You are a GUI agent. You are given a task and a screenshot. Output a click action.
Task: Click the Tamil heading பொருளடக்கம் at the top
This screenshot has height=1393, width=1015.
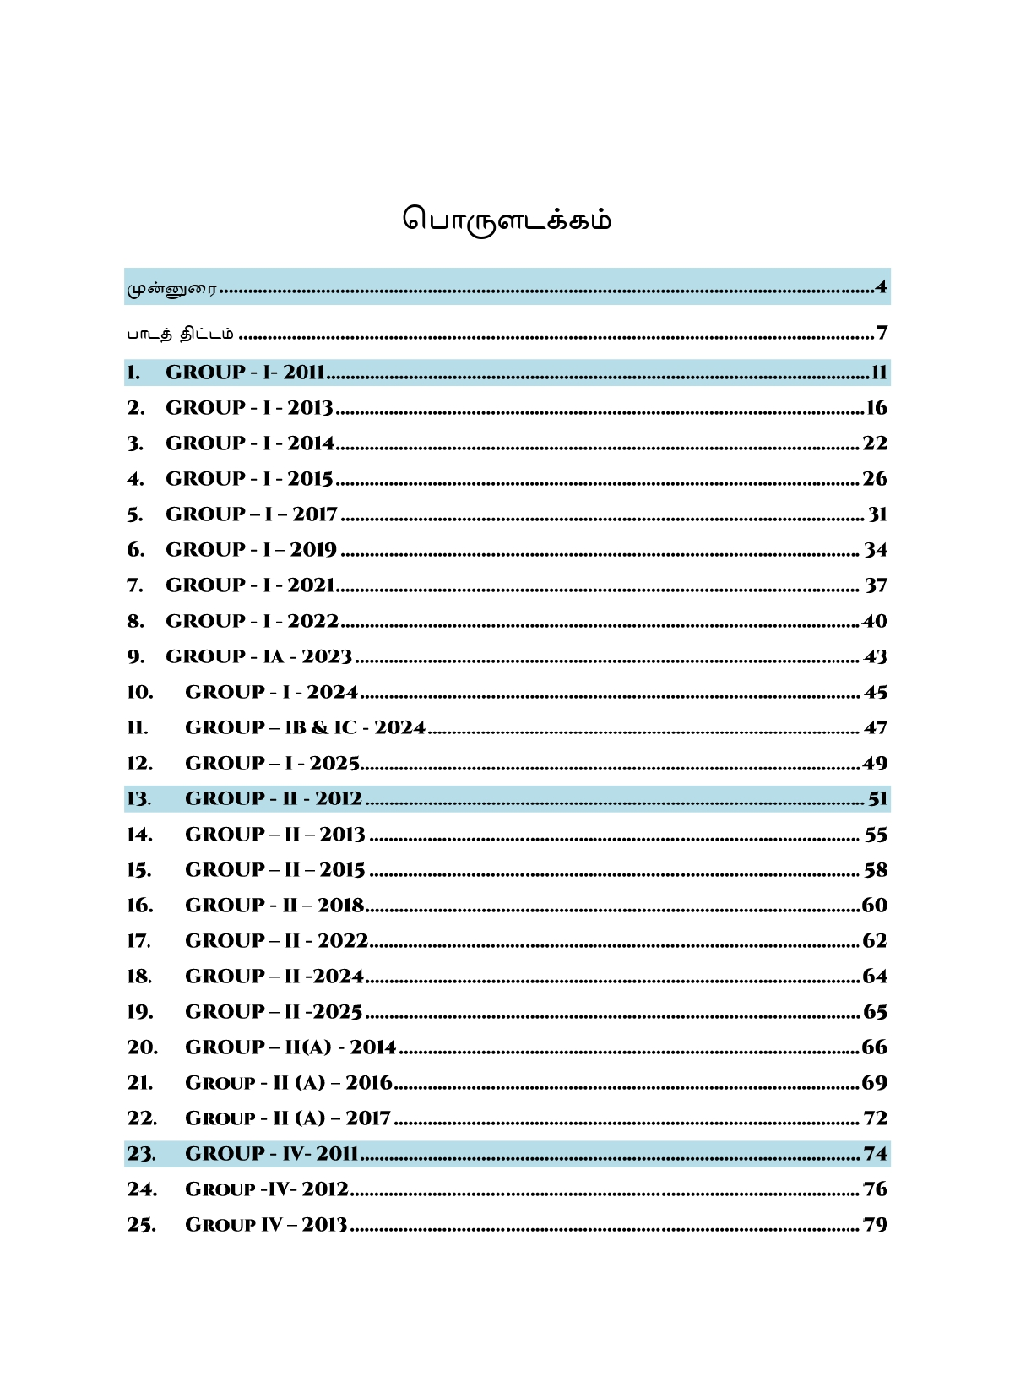(x=507, y=220)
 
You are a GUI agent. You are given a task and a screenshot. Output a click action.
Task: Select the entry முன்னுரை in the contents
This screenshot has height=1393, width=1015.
(x=172, y=289)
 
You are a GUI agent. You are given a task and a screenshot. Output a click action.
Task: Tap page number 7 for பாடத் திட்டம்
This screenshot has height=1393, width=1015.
(x=882, y=333)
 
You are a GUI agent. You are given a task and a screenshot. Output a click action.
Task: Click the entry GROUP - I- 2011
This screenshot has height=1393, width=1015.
(x=245, y=373)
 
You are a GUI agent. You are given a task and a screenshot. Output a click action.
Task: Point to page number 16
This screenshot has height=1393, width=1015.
(x=877, y=408)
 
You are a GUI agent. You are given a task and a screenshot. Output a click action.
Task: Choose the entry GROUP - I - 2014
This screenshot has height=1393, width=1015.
(x=250, y=443)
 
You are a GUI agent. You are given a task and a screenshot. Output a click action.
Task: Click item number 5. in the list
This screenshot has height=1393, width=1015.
(x=135, y=514)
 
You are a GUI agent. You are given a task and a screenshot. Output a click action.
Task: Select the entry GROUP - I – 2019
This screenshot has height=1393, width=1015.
(x=251, y=550)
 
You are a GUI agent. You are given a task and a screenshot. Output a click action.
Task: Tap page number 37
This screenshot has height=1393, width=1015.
(x=876, y=585)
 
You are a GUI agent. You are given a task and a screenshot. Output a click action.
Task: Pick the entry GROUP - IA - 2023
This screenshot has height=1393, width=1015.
(x=258, y=656)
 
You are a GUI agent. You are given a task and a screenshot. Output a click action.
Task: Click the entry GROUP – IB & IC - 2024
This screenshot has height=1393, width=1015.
(x=305, y=727)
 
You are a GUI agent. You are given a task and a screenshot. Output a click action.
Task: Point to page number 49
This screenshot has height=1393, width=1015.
(x=875, y=764)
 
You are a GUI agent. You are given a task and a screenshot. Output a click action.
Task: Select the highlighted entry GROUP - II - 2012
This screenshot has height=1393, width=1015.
(x=273, y=799)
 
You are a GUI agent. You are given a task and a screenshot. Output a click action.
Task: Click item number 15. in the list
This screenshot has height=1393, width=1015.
(x=139, y=870)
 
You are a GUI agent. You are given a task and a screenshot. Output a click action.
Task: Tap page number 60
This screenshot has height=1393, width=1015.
(x=875, y=906)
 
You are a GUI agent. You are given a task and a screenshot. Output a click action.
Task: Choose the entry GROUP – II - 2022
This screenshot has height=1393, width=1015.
(x=276, y=941)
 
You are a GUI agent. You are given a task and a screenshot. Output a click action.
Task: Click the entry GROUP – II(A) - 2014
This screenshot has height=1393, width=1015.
(x=290, y=1047)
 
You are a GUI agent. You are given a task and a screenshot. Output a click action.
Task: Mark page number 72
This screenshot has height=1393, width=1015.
(x=876, y=1118)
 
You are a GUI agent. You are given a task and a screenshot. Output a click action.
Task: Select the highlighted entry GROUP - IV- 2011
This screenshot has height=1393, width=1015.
(x=271, y=1154)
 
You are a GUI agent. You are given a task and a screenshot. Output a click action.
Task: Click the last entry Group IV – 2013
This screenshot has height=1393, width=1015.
(x=266, y=1225)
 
